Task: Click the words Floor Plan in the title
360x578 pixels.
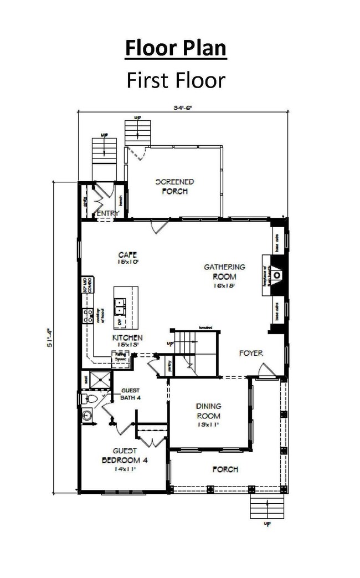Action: [176, 48]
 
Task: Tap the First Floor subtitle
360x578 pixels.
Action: [176, 80]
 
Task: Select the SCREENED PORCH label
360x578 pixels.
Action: [174, 186]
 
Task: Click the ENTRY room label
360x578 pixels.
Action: [108, 213]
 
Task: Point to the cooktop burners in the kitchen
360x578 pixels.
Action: [88, 316]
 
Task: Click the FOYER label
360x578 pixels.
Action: [250, 353]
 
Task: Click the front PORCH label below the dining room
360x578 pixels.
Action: [225, 469]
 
